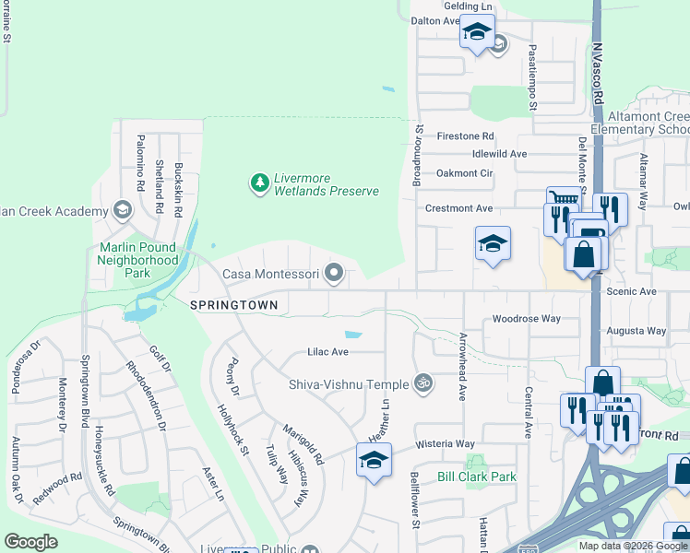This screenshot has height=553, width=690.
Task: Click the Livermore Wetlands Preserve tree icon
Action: click(x=260, y=183)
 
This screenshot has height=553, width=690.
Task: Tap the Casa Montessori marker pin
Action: click(x=337, y=274)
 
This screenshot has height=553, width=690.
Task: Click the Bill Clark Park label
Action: click(x=477, y=477)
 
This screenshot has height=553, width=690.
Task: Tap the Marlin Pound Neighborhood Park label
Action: click(x=137, y=260)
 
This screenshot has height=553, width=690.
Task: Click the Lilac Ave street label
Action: click(x=327, y=352)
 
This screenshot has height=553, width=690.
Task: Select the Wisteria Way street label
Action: click(x=445, y=443)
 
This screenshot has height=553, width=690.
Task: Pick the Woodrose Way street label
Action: click(x=526, y=319)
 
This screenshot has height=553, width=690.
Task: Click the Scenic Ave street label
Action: click(x=631, y=291)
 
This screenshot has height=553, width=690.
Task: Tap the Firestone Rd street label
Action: click(x=466, y=135)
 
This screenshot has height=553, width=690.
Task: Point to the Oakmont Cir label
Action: click(x=465, y=172)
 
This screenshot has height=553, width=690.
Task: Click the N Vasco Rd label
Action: click(x=598, y=74)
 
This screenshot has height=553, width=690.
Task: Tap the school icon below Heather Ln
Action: click(x=373, y=461)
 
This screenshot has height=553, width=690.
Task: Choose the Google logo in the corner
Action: click(x=31, y=542)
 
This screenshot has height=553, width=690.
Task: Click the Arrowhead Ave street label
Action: click(x=462, y=366)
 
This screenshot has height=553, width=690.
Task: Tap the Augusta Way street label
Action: click(x=636, y=330)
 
